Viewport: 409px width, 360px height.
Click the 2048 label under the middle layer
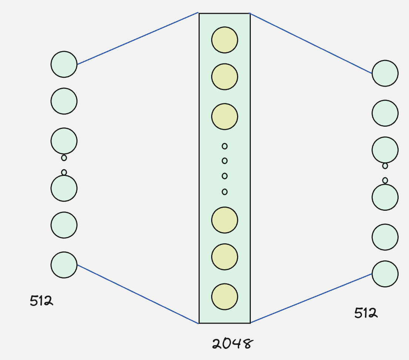pyautogui.click(x=232, y=343)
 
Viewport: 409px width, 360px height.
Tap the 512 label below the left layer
pyautogui.click(x=41, y=301)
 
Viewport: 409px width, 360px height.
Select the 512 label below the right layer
pyautogui.click(x=366, y=313)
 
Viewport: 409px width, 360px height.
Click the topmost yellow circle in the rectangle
pyautogui.click(x=225, y=40)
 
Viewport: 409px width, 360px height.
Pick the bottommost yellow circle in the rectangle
pyautogui.click(x=225, y=297)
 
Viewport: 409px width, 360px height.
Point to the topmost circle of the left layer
pyautogui.click(x=64, y=64)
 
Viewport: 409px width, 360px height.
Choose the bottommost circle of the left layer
pyautogui.click(x=64, y=265)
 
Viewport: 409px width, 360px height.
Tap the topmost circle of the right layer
pyautogui.click(x=385, y=73)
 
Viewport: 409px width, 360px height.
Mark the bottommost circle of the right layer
pyautogui.click(x=385, y=274)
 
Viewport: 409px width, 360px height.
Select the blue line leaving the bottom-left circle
pyautogui.click(x=137, y=294)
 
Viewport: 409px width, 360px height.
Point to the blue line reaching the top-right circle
pyautogui.click(x=311, y=44)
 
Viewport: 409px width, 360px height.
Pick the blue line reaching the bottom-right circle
pyautogui.click(x=311, y=299)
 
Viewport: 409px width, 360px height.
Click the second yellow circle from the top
pyautogui.click(x=225, y=77)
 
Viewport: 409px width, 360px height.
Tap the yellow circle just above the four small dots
pyautogui.click(x=225, y=117)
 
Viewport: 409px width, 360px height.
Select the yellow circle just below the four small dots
pyautogui.click(x=225, y=220)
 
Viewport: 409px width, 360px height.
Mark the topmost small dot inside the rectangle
pyautogui.click(x=225, y=146)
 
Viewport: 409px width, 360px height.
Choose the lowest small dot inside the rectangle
pyautogui.click(x=225, y=192)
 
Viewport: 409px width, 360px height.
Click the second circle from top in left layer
pyautogui.click(x=64, y=101)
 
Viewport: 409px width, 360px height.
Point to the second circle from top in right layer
pyautogui.click(x=385, y=113)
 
